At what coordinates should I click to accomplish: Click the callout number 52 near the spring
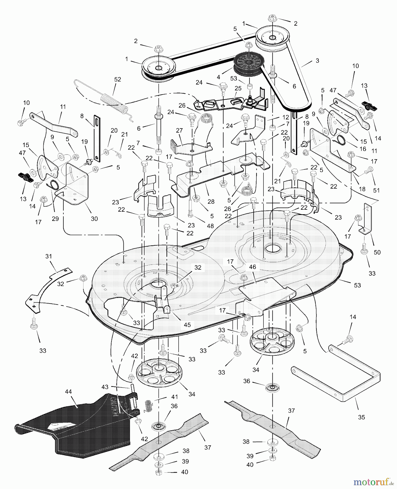coord(117,79)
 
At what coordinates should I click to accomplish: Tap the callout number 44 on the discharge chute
coord(69,391)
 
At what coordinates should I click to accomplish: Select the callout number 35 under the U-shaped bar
coord(361,417)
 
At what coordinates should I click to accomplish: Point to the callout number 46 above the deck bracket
coord(253,267)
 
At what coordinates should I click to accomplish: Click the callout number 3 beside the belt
coord(317,61)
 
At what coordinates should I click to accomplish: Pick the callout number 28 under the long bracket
coord(211,201)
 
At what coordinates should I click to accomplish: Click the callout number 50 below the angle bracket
coord(377,252)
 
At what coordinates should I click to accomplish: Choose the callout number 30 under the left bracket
coord(94,218)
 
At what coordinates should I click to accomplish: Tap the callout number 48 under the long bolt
coord(210,225)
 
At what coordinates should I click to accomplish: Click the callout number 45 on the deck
coord(187,324)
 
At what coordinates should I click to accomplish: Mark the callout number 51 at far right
coord(376,190)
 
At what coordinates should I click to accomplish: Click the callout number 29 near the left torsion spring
coord(55,218)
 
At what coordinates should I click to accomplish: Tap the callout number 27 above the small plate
coord(179,130)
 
